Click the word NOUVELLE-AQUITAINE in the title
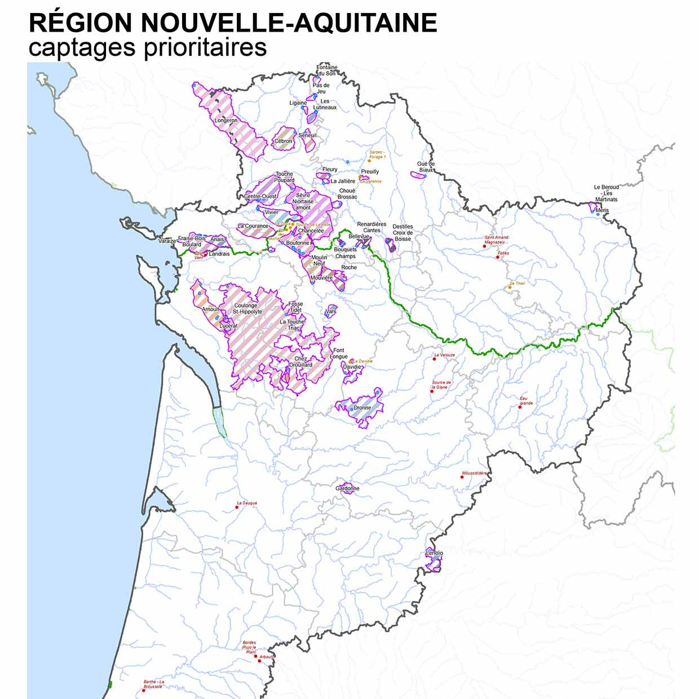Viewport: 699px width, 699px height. pos(289,23)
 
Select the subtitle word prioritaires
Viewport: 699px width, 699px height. pos(205,47)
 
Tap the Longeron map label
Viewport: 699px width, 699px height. pos(226,121)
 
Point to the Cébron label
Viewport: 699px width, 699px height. pos(283,141)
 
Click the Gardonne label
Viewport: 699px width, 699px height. pos(347,488)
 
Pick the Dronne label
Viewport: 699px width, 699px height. pos(362,408)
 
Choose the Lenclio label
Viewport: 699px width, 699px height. pos(434,553)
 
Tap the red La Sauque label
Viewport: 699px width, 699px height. pos(247,503)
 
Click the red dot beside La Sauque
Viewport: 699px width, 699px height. pos(237,507)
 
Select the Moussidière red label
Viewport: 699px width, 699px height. pos(475,473)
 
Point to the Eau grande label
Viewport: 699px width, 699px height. pos(525,401)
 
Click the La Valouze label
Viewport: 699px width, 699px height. pos(444,355)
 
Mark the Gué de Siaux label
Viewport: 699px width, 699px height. pos(426,167)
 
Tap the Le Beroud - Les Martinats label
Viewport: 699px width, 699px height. pos(607,193)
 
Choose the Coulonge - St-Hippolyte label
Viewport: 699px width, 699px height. pos(246,308)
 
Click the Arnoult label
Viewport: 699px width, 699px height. pos(210,309)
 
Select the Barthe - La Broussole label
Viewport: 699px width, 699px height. pos(153,684)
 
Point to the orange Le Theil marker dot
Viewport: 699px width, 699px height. pos(510,287)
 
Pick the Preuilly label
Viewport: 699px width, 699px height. pos(370,171)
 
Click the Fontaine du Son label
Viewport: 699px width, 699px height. pos(326,70)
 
